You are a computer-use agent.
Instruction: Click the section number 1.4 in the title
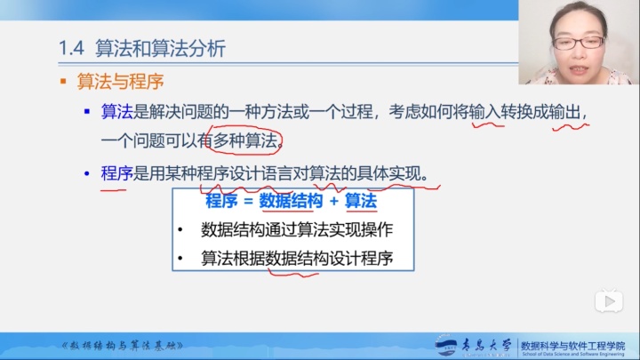tap(71, 49)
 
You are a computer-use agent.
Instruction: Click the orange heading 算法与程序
tap(120, 82)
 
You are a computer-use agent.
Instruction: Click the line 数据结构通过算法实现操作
tap(297, 230)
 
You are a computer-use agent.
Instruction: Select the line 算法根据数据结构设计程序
tap(297, 259)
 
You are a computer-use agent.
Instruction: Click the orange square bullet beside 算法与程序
tap(63, 82)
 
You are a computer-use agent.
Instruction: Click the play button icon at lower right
tap(609, 301)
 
